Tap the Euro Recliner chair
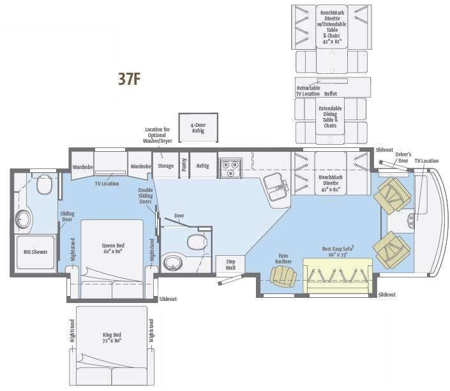[283, 276]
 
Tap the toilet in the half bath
[195, 242]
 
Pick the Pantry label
[183, 165]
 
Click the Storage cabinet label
[166, 166]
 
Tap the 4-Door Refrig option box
[198, 124]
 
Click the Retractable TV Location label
[308, 91]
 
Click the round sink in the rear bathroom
[24, 218]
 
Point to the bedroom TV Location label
[107, 184]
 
